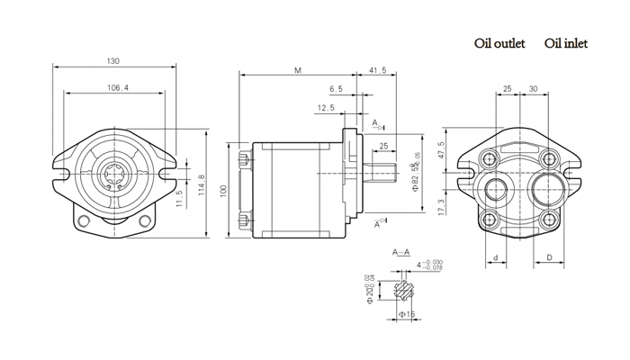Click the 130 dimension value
tap(113, 61)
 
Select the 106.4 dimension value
tap(117, 87)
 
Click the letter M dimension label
tap(297, 69)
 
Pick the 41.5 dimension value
tap(378, 69)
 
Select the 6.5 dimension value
tap(336, 89)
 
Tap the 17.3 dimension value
tap(441, 206)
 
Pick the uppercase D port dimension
tap(549, 258)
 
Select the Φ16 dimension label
tap(406, 314)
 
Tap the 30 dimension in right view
tap(534, 88)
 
